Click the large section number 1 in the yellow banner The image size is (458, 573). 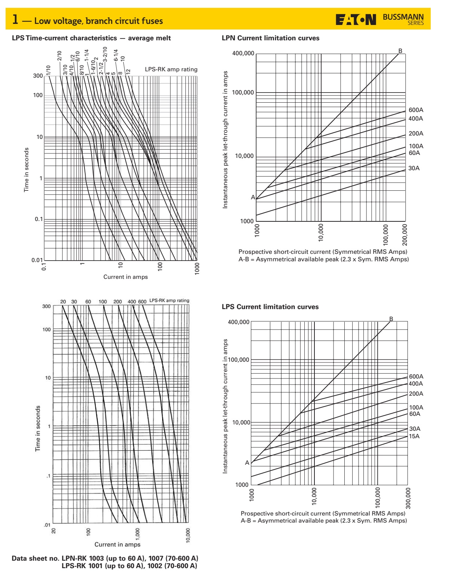click(15, 20)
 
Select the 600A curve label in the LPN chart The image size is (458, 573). click(416, 110)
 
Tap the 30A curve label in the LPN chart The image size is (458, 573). click(414, 168)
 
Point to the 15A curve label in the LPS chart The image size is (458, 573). click(414, 436)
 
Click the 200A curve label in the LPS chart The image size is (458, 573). click(416, 394)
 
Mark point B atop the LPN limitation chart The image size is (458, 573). click(400, 51)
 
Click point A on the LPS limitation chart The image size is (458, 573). click(247, 463)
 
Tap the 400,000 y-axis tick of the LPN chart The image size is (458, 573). click(243, 54)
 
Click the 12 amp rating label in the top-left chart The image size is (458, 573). click(128, 71)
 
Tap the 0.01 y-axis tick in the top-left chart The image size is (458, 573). click(37, 260)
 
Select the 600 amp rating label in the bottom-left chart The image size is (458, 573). click(142, 301)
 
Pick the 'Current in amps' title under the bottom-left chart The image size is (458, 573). click(117, 544)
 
